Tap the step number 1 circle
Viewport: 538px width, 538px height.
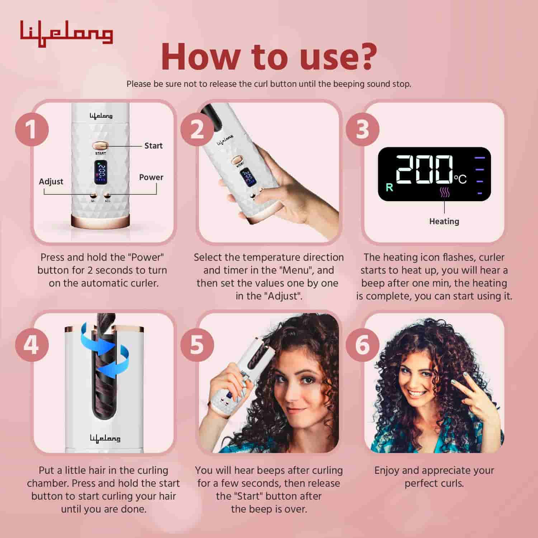(x=32, y=129)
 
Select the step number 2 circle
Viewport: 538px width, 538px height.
(x=197, y=129)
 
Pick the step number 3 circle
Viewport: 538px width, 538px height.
(x=362, y=129)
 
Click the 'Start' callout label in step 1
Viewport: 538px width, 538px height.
(x=153, y=146)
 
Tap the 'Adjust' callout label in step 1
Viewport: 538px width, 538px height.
(x=51, y=181)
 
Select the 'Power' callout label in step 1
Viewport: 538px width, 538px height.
(x=151, y=177)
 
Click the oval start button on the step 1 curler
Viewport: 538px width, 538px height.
(x=100, y=146)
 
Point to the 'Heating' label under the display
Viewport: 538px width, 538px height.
(x=444, y=221)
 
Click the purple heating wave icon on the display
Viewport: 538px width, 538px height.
(x=444, y=193)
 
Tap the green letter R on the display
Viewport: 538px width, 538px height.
(x=389, y=187)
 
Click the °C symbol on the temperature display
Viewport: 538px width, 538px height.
(x=461, y=178)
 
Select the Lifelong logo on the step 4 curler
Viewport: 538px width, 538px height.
(x=105, y=438)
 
